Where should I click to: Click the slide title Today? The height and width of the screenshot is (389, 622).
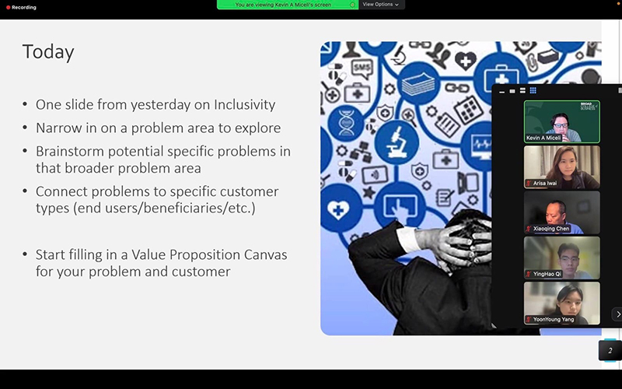click(x=48, y=52)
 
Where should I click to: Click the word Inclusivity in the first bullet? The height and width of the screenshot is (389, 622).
click(x=244, y=104)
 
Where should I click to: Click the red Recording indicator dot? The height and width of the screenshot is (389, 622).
click(x=8, y=7)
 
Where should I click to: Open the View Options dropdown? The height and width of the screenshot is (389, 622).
click(x=381, y=5)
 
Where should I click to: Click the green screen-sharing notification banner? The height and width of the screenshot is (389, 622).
click(x=288, y=5)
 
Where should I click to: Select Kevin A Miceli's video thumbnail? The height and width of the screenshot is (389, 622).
click(x=561, y=121)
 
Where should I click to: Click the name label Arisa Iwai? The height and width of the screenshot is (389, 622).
click(x=545, y=184)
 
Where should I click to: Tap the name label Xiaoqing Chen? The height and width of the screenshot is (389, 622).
click(x=551, y=229)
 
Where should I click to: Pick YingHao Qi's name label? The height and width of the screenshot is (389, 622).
click(x=547, y=274)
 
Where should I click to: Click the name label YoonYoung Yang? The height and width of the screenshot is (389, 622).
click(x=554, y=319)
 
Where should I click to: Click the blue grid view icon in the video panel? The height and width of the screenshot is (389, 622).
click(x=533, y=90)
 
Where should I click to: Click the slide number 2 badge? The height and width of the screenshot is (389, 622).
click(x=610, y=350)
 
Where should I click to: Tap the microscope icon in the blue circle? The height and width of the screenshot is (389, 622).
click(x=397, y=142)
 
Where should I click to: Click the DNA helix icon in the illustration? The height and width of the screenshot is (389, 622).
click(x=346, y=124)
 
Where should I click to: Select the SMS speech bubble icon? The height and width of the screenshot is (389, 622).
click(x=362, y=68)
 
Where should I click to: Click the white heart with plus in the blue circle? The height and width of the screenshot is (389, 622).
click(x=338, y=209)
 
